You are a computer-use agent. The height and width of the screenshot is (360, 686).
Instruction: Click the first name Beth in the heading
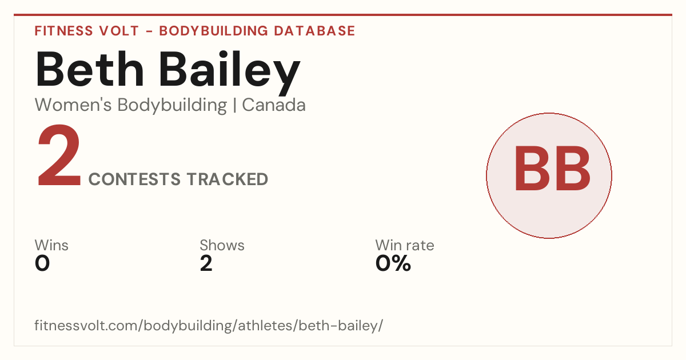89,70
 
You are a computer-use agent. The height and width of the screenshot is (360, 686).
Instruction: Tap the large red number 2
59,155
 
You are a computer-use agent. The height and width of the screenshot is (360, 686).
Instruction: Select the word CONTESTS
134,179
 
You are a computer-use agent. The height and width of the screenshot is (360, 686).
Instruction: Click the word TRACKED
228,179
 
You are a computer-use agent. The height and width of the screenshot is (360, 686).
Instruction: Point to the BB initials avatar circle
549,175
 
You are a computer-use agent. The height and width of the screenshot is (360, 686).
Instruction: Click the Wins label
51,245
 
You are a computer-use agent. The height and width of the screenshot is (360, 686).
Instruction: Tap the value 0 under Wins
42,263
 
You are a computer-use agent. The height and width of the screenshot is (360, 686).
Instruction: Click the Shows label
222,245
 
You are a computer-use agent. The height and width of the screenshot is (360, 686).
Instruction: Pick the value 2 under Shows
206,263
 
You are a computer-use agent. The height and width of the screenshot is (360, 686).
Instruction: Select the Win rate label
405,245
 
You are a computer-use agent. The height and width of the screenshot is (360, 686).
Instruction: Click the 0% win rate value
393,263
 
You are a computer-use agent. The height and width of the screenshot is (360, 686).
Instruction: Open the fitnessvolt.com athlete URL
209,325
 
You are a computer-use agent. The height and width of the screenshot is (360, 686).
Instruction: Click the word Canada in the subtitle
274,105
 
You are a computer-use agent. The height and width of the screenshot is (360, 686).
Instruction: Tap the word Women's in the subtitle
73,105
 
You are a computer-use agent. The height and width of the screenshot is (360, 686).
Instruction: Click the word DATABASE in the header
314,31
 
